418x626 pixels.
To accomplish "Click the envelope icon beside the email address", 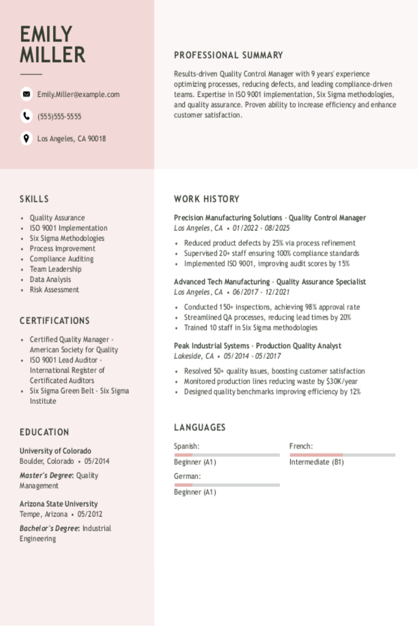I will [26, 94].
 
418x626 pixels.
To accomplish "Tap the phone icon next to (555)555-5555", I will [26, 116].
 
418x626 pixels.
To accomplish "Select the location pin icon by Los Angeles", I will [26, 138].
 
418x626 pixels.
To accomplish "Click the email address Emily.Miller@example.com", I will [78, 95].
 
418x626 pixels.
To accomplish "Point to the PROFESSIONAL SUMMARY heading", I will [229, 55].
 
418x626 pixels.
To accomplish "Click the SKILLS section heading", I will [34, 199].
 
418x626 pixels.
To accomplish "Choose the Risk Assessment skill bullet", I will [54, 290].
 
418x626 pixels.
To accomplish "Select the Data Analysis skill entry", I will [50, 279].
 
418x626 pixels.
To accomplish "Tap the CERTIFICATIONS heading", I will [54, 321].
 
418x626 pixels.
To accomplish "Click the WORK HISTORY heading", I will [207, 199].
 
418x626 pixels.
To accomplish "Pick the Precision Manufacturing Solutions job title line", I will [270, 218].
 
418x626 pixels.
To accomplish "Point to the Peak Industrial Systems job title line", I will [257, 346].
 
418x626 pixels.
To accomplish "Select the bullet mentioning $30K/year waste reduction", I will [271, 381].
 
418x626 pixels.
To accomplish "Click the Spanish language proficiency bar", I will [227, 455].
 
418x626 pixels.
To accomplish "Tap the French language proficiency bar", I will [342, 455].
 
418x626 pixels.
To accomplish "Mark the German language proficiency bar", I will [227, 485].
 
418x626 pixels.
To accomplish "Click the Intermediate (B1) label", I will [316, 462].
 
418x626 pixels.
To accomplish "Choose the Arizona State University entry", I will [59, 504].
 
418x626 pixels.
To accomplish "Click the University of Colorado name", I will [56, 451].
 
